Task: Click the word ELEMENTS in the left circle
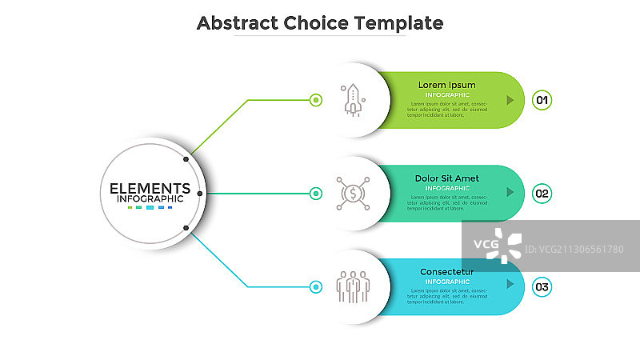point(150,189)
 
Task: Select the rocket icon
point(352,100)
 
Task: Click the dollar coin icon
point(352,193)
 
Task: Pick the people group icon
point(352,286)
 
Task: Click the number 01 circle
point(542,100)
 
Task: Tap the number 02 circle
point(542,193)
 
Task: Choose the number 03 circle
point(542,286)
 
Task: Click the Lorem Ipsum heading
point(447,85)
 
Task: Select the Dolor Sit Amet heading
point(447,178)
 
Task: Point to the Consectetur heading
point(447,272)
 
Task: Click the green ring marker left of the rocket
point(316,100)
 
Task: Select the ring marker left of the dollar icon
point(316,193)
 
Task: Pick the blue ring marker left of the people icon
point(316,286)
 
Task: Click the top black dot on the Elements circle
point(186,159)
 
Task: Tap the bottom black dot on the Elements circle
point(186,228)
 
